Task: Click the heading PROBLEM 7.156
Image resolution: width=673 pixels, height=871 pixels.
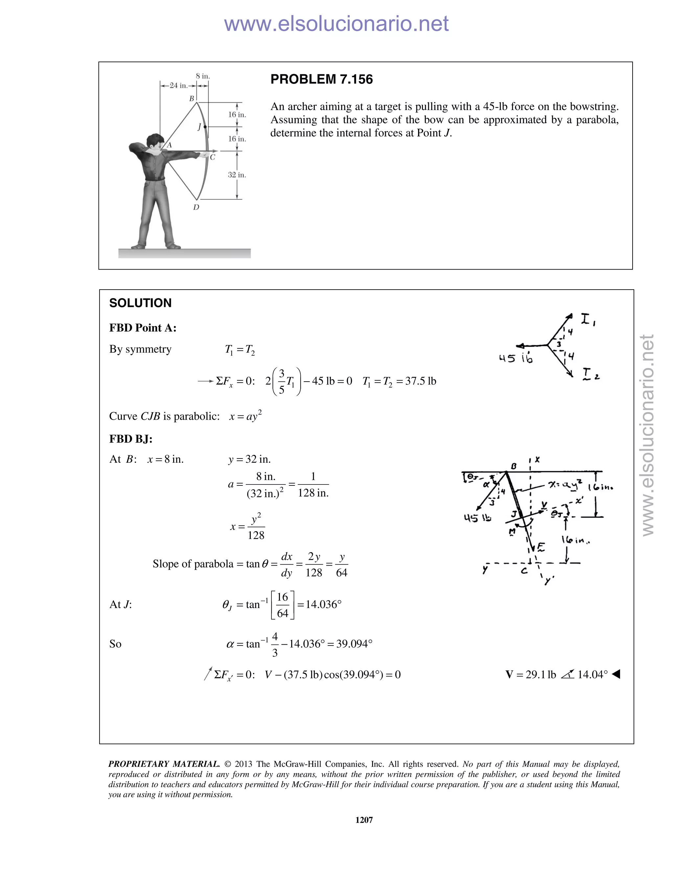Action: click(321, 79)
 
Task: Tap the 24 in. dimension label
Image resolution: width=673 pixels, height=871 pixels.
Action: click(178, 85)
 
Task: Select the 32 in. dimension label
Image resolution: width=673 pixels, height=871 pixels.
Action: click(237, 175)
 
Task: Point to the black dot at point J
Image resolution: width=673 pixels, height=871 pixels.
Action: click(205, 127)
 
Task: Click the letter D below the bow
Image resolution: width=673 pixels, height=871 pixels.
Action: click(196, 207)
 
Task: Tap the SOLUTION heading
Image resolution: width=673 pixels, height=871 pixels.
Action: click(140, 303)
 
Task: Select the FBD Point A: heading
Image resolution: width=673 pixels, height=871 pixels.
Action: click(143, 328)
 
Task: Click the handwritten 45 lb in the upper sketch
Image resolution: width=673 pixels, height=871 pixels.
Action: click(515, 358)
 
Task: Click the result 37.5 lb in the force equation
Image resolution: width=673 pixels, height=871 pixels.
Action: click(421, 381)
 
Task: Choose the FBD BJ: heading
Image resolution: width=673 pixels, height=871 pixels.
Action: click(131, 439)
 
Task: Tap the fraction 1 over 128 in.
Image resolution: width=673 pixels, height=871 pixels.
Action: click(313, 485)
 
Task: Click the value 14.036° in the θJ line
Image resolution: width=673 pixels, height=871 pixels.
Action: click(324, 604)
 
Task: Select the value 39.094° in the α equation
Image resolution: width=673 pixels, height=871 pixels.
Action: click(354, 644)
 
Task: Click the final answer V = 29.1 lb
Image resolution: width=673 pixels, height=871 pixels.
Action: click(530, 674)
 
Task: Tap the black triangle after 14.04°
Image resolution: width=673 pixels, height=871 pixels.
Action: click(616, 674)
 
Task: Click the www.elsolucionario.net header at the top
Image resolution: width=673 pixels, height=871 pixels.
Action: click(336, 24)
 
